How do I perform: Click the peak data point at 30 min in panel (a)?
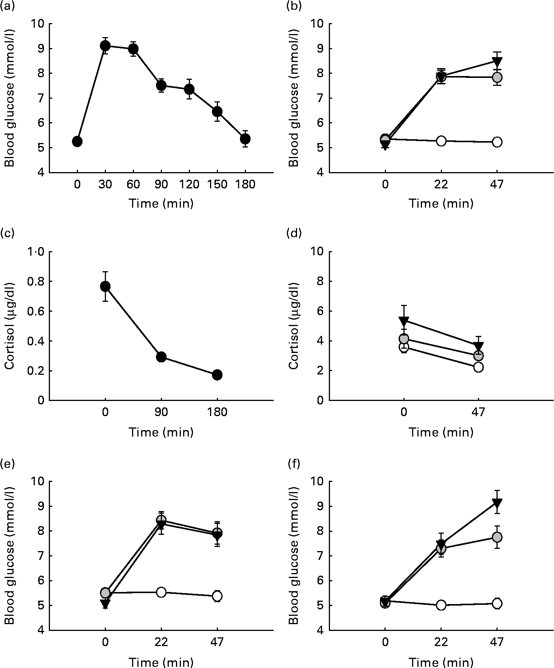(x=105, y=46)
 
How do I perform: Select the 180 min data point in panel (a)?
(x=245, y=139)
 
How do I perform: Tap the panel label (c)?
(x=7, y=233)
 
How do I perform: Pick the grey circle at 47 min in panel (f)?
(x=497, y=537)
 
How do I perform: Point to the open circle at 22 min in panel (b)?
(x=441, y=141)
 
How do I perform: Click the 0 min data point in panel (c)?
(x=105, y=286)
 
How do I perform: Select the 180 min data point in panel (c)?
(x=217, y=375)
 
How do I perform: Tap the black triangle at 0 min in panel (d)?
(x=404, y=322)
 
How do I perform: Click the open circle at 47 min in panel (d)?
(x=478, y=367)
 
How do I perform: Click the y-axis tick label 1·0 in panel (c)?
(x=34, y=252)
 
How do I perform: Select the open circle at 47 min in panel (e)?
(x=217, y=596)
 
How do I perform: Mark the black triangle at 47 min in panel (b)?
(x=497, y=61)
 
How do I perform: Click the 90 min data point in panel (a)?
(x=161, y=85)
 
